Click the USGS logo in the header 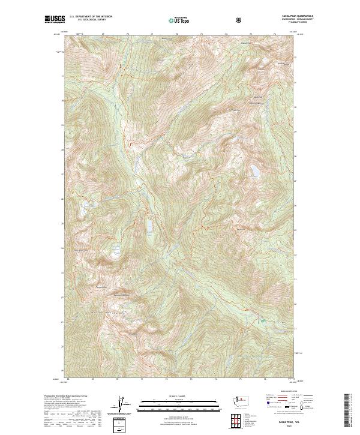(55, 20)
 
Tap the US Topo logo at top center (180, 20)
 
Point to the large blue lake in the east (256, 171)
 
